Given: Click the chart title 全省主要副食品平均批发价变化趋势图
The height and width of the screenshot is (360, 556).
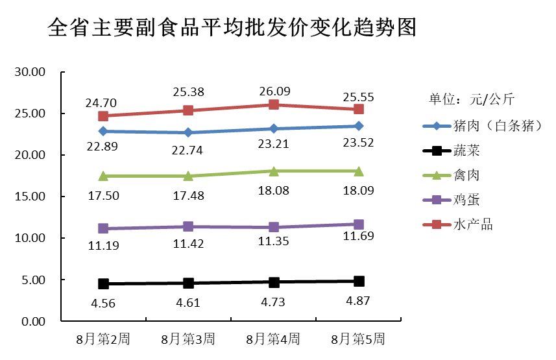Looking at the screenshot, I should [x=232, y=28].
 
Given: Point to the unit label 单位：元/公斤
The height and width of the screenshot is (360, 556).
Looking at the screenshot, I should [x=472, y=99].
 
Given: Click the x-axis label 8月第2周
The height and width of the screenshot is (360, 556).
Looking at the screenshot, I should [x=103, y=339].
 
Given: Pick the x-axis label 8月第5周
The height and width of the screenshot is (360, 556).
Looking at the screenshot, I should [x=358, y=339].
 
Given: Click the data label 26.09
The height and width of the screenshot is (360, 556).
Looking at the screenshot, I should [x=273, y=91].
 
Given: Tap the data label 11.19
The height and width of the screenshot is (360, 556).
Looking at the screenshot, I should [x=103, y=245].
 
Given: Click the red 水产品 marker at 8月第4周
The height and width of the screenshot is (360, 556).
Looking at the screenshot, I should [x=274, y=104].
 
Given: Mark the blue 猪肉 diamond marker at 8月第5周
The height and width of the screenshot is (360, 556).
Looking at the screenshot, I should [x=359, y=126].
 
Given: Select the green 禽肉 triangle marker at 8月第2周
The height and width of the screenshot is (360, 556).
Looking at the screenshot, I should [x=103, y=176].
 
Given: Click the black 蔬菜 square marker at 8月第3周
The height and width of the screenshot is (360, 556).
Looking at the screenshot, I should [x=188, y=283].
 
